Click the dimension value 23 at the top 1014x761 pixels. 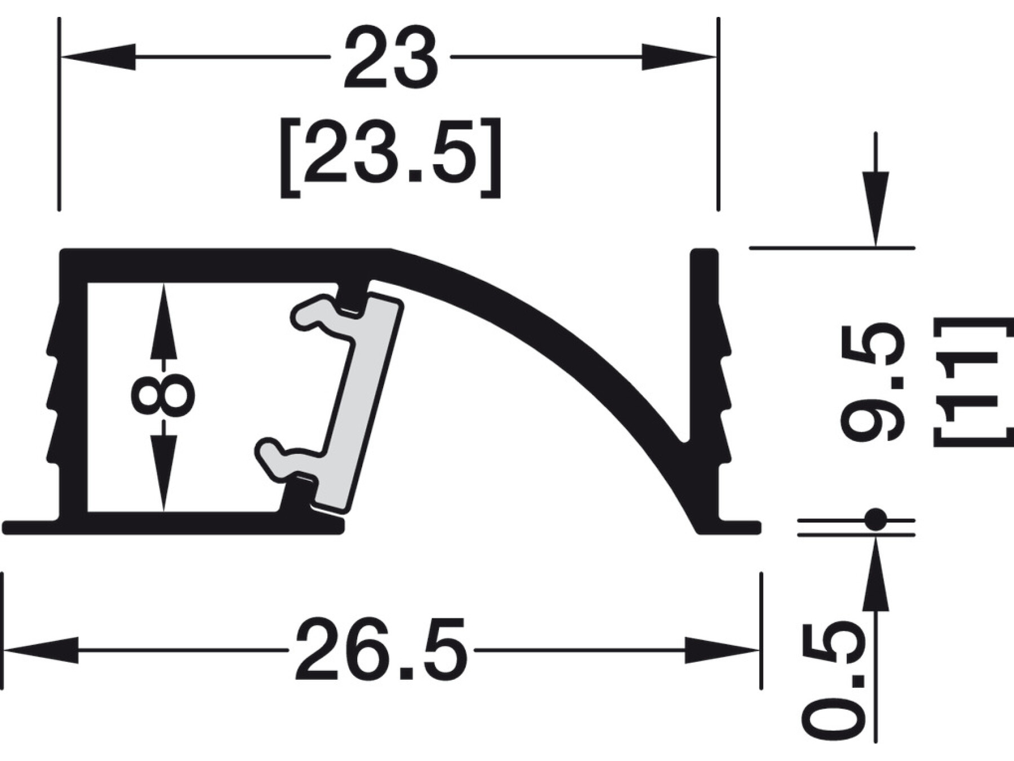tap(390, 57)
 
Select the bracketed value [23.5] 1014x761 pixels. tap(390, 157)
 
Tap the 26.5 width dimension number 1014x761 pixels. tap(381, 649)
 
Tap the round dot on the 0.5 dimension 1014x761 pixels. tap(875, 519)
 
